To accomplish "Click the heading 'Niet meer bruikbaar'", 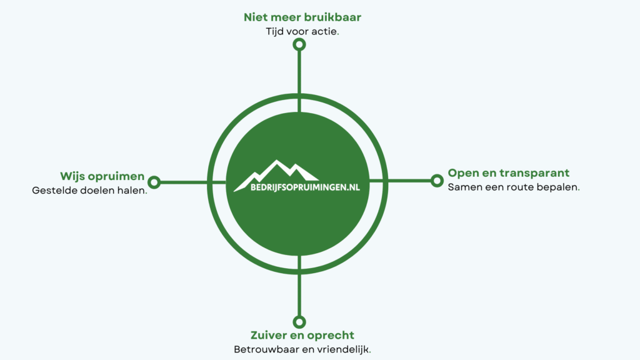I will pos(302,17).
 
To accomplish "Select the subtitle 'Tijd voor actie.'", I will pos(302,31).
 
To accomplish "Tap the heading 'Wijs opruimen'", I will pos(102,176).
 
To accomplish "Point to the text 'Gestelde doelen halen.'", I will pos(89,190).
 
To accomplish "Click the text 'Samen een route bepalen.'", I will pos(514,186).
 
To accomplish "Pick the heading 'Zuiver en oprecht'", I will pos(302,335).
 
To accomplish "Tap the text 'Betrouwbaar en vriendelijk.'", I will pos(302,349).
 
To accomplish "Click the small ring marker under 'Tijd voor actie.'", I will pos(299,44).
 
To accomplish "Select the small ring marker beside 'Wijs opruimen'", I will pos(154,182).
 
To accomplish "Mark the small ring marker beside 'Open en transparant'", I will pos(437,181).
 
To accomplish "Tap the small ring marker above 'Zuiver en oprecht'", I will pos(299,321).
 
